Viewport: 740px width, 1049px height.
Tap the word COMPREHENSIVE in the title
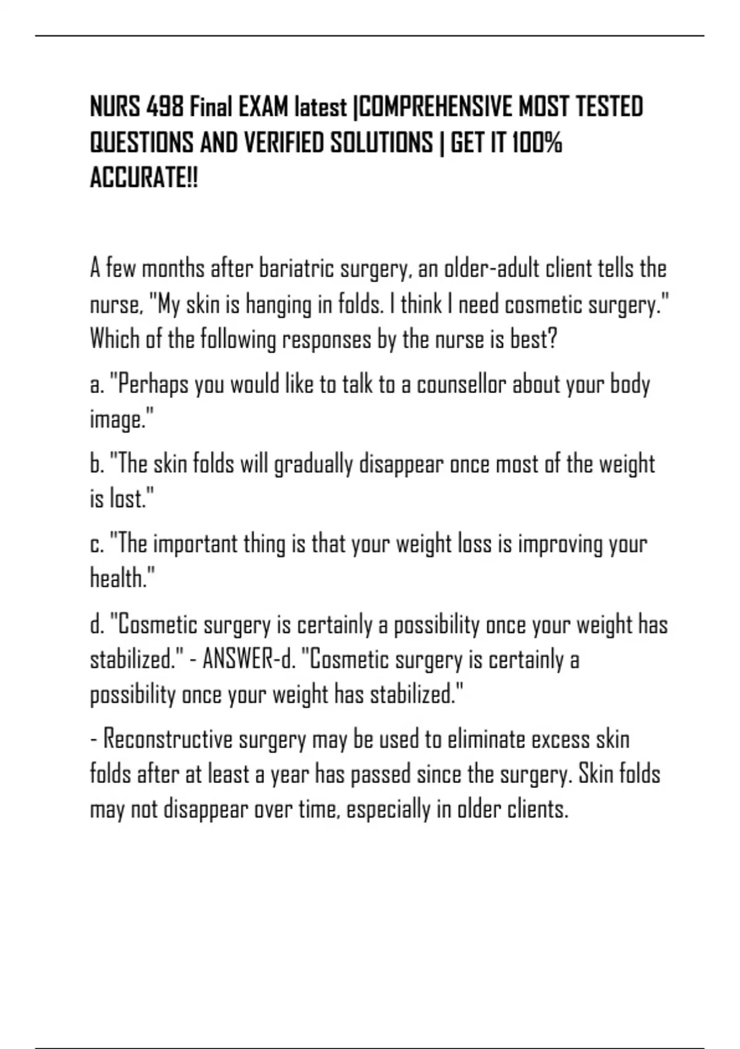[435, 107]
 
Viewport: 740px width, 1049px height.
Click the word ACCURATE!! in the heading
[144, 179]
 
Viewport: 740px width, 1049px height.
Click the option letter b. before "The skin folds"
[97, 464]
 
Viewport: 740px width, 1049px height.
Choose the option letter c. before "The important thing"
[97, 544]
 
